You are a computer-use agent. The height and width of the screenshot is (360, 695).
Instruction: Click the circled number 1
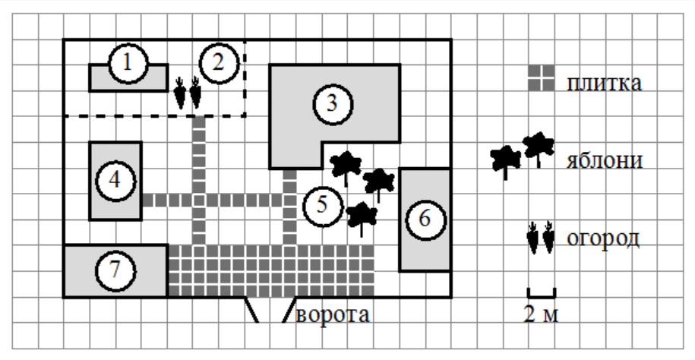(x=128, y=63)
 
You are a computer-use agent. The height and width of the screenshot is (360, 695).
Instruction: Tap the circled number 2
(x=219, y=63)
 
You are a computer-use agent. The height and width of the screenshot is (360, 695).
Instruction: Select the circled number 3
(x=333, y=104)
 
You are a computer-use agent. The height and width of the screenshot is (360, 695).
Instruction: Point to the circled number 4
(x=115, y=181)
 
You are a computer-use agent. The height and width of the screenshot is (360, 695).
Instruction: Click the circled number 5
(x=323, y=206)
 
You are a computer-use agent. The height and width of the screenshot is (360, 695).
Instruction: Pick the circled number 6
(x=425, y=219)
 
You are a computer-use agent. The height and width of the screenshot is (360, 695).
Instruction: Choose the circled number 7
(x=115, y=270)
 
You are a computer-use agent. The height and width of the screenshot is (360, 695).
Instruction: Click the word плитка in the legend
(x=604, y=84)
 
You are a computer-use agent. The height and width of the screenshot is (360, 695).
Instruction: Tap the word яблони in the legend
(x=605, y=159)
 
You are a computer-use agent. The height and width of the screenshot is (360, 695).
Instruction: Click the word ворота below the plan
(x=333, y=314)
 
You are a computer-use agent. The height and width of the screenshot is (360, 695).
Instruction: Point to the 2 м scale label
(x=542, y=314)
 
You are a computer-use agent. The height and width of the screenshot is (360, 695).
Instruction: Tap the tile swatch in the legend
(x=542, y=78)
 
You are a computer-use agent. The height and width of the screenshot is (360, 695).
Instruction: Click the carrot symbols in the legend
(x=541, y=238)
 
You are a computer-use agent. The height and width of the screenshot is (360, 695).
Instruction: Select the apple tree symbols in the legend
(x=523, y=155)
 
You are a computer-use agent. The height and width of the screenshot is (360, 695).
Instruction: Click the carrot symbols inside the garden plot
(x=188, y=93)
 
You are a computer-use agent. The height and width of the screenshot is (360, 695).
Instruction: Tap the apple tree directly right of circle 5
(x=362, y=218)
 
